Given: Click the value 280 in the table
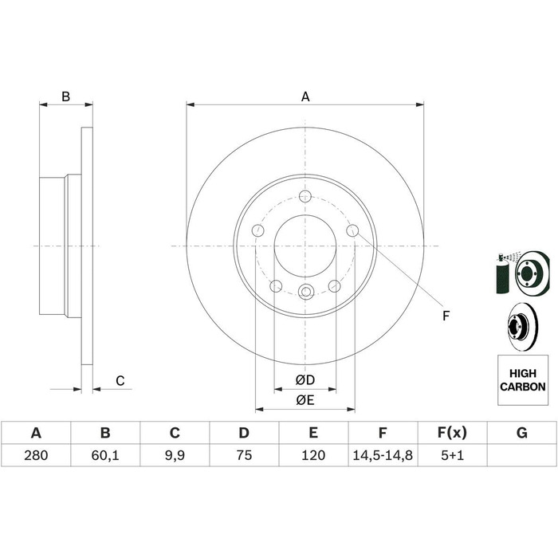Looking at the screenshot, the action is click(36, 455).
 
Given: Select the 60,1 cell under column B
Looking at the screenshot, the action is click(105, 455).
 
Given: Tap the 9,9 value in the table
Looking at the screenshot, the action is click(175, 455).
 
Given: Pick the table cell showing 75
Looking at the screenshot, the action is click(244, 455).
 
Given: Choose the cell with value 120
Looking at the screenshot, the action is click(313, 455).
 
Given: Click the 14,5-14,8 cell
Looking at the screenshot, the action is click(383, 455).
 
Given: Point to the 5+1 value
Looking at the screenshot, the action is click(452, 455).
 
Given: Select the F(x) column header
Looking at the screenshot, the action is click(452, 433).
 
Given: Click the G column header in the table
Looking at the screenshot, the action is click(521, 433).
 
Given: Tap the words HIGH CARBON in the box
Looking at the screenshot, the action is click(522, 380).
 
